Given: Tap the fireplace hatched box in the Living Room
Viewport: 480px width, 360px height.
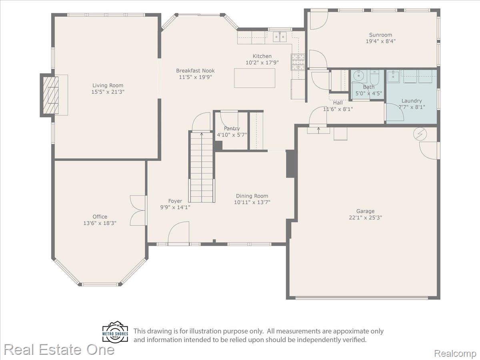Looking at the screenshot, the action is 51,95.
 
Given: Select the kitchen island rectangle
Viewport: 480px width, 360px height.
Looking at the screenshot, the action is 254,78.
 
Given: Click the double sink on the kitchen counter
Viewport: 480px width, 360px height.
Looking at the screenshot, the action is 280,37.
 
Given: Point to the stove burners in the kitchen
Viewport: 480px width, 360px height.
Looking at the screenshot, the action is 298,62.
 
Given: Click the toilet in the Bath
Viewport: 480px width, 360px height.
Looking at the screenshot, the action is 375,78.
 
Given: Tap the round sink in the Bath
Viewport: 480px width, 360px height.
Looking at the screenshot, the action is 359,76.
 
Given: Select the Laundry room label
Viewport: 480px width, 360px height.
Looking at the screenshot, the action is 412,101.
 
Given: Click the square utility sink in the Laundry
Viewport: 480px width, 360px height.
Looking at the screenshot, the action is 393,76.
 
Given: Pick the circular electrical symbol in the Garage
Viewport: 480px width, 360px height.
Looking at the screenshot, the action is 420,134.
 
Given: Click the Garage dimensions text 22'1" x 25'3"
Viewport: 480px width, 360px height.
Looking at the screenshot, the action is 366,218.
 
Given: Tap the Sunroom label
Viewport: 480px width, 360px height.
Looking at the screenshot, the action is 380,35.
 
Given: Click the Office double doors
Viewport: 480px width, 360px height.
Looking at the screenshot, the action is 138,210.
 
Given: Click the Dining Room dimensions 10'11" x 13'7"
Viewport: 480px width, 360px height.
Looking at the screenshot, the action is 252,202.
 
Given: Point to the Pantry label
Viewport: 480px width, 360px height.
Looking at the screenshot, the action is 232,128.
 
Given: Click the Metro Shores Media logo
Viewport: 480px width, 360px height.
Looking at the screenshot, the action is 115,332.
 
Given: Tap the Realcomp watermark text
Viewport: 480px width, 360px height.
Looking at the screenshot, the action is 455,353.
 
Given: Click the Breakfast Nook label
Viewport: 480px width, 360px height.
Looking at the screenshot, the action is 195,71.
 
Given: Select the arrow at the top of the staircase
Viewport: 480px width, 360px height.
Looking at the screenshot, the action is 202,134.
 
